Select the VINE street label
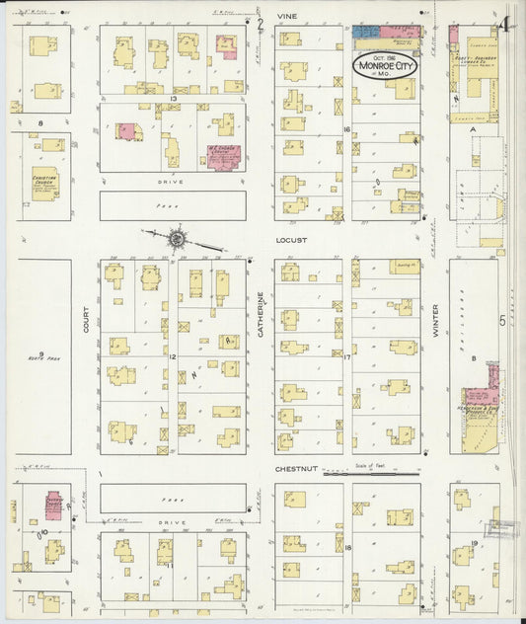click(x=287, y=17)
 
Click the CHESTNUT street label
click(x=296, y=470)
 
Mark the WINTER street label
click(x=433, y=321)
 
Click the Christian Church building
click(x=44, y=185)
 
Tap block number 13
click(x=172, y=99)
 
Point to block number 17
click(x=346, y=356)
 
